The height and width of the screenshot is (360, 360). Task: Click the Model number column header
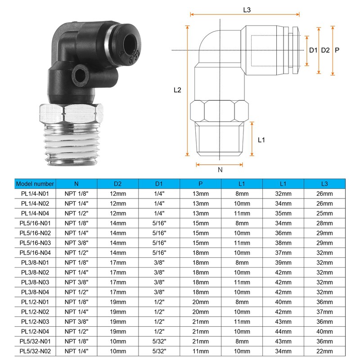tap(35, 184)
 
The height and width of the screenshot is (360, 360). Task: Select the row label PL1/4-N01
tap(35, 194)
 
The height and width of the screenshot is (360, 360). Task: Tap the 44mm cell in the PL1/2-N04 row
tap(283, 332)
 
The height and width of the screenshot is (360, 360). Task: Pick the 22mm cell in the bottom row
tap(324, 351)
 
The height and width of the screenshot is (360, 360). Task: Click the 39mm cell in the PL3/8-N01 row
tap(283, 263)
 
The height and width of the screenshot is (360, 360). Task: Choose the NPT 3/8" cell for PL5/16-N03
tap(76, 243)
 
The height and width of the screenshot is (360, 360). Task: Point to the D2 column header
tap(117, 184)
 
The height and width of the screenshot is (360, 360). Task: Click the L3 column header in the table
tap(324, 184)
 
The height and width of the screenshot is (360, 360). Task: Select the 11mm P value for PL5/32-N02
tap(200, 351)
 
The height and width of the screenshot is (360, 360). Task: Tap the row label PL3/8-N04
tap(35, 292)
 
